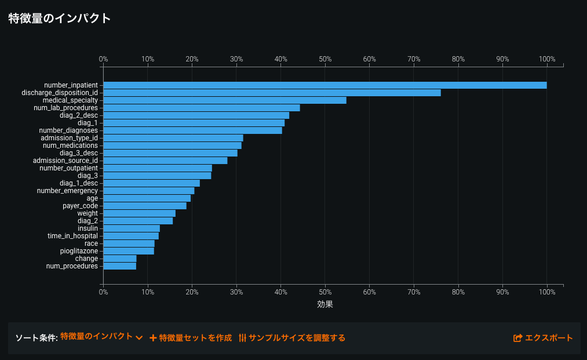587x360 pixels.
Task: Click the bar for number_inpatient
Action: tap(325, 85)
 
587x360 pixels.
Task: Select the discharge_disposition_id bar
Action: tap(272, 93)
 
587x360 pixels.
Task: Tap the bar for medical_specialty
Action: tap(224, 100)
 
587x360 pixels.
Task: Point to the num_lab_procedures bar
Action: tap(201, 108)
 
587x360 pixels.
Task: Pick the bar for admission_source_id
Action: tap(165, 161)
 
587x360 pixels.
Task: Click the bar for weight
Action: tap(139, 213)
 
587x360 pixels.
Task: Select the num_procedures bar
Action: tap(119, 266)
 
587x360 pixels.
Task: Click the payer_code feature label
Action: tap(80, 206)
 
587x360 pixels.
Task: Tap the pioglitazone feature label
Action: tap(79, 251)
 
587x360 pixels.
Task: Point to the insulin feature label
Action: tap(87, 228)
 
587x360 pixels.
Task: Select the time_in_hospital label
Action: tap(72, 236)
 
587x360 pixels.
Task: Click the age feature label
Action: tap(92, 198)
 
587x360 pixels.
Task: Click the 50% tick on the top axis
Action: tap(325, 59)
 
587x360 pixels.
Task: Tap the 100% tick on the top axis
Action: tap(547, 59)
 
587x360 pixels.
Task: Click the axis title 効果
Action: tap(325, 304)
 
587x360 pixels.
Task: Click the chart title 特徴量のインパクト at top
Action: tap(59, 18)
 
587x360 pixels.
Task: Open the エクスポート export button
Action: tap(543, 338)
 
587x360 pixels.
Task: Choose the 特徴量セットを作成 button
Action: tap(191, 338)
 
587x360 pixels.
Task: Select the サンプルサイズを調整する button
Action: tap(292, 338)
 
